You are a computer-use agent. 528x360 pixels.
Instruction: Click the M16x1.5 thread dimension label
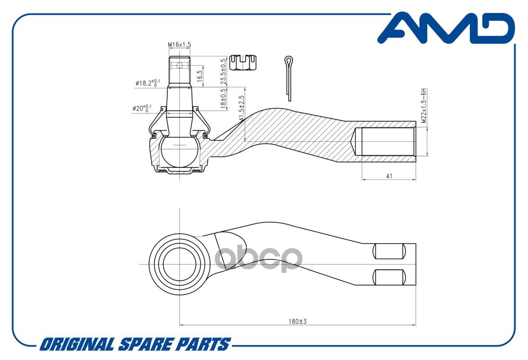(x=179, y=45)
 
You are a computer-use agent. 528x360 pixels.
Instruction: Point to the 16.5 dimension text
(x=199, y=76)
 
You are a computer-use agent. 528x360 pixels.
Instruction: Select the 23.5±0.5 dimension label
(x=223, y=72)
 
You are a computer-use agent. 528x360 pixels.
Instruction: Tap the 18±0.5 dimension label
(x=223, y=99)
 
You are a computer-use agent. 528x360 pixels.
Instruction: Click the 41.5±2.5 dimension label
(x=241, y=108)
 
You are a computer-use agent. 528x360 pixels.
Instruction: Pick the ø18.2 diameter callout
(x=148, y=83)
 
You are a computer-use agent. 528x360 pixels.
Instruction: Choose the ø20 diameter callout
(x=142, y=108)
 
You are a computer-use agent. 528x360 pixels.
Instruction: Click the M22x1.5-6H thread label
(x=424, y=105)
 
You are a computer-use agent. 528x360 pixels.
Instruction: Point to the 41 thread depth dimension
(x=389, y=176)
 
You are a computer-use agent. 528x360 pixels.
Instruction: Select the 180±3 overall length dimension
(x=297, y=321)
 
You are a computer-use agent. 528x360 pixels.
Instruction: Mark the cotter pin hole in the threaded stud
(x=179, y=65)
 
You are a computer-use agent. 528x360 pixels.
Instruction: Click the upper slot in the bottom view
(x=389, y=251)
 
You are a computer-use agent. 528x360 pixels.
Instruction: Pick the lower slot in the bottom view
(x=389, y=277)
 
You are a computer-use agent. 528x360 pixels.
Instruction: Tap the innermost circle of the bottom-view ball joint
(x=164, y=264)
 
